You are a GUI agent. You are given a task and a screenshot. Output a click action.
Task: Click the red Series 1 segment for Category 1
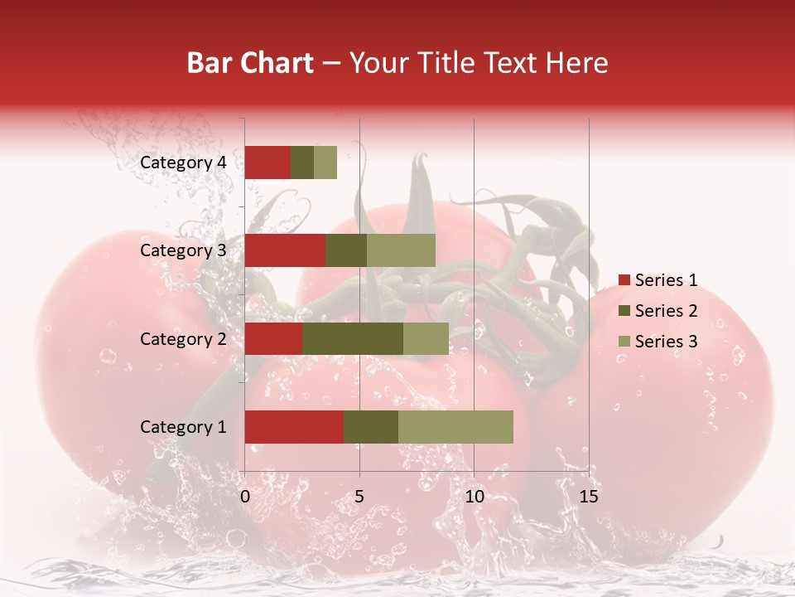tap(294, 426)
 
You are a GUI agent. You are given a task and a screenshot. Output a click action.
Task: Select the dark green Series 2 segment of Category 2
tap(353, 338)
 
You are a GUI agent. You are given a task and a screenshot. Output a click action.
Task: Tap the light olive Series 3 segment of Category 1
tap(455, 426)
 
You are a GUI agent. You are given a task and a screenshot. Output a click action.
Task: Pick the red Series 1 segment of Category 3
tap(285, 250)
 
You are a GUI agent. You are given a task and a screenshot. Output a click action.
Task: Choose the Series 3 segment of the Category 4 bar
tap(325, 163)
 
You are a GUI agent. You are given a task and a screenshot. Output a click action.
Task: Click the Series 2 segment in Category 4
tap(302, 163)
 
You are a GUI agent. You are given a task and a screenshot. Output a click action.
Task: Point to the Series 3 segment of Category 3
tap(401, 250)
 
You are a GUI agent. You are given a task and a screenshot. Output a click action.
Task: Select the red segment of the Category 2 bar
tap(273, 338)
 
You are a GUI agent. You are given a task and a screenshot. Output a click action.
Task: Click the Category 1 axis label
tap(183, 427)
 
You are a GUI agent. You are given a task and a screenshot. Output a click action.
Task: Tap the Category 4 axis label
tap(183, 163)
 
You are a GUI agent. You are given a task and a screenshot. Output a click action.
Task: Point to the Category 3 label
tap(183, 250)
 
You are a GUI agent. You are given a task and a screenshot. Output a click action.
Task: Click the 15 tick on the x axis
tap(588, 497)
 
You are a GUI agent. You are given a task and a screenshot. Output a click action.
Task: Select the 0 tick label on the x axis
tap(245, 497)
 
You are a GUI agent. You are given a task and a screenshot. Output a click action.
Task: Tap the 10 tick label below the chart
tap(474, 497)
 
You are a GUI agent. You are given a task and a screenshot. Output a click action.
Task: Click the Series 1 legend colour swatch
tap(624, 280)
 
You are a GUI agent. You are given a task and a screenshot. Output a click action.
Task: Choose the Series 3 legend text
tap(666, 341)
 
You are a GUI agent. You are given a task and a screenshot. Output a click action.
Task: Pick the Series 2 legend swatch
tap(624, 311)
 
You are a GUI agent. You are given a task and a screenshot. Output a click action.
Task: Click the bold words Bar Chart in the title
tap(250, 63)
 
